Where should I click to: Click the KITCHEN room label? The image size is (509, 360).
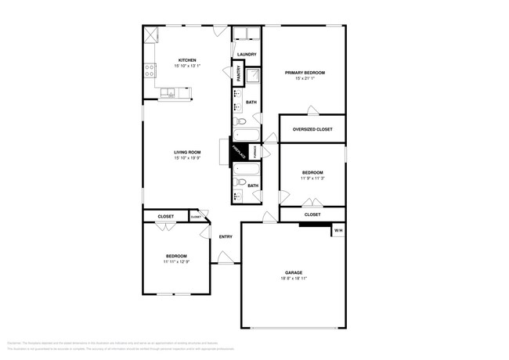(187, 60)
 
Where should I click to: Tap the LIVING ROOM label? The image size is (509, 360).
(187, 152)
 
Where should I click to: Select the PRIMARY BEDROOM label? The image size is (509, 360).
(305, 72)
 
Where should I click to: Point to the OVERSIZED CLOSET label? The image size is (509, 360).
(312, 129)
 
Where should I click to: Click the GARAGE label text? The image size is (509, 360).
(293, 272)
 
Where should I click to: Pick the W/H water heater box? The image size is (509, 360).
(338, 231)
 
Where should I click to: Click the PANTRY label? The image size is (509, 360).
(238, 73)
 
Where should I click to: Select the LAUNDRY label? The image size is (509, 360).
(247, 54)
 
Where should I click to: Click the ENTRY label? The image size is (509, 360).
(226, 237)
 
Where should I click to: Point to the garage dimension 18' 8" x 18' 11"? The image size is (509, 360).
(293, 279)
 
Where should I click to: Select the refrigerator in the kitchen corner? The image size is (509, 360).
(151, 34)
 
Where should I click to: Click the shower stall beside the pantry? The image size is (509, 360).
(254, 76)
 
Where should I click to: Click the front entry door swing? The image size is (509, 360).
(225, 257)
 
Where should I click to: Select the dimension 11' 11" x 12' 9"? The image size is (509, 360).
(176, 261)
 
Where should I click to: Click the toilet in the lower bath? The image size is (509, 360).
(241, 182)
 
